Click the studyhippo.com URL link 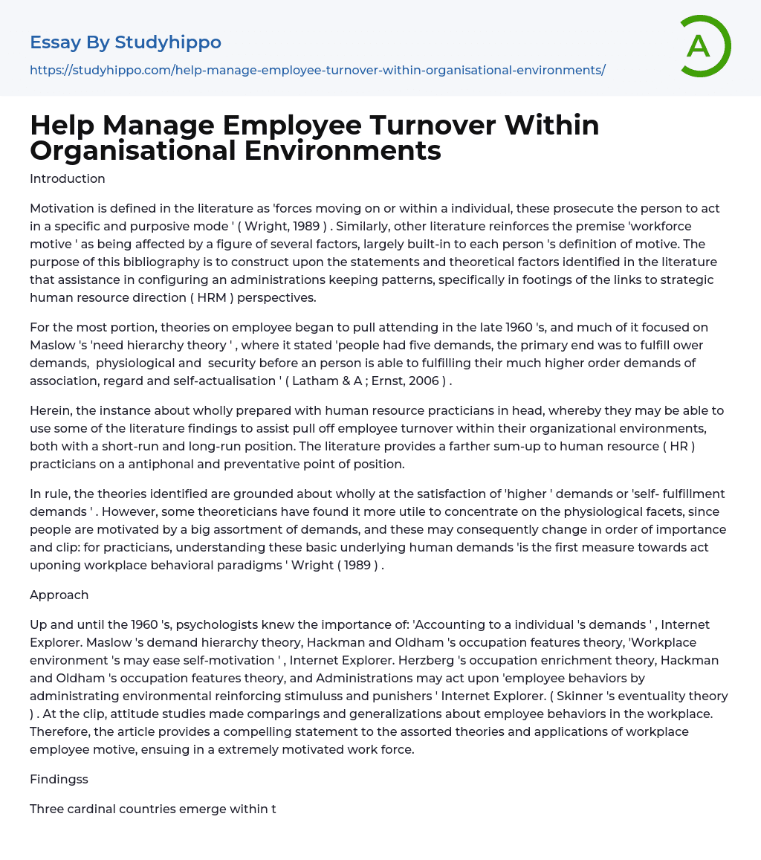(317, 70)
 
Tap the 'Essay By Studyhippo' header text (126, 42)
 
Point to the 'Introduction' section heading (68, 178)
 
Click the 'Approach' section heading (59, 595)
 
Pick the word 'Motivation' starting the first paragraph (63, 208)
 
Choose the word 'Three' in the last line (48, 809)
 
